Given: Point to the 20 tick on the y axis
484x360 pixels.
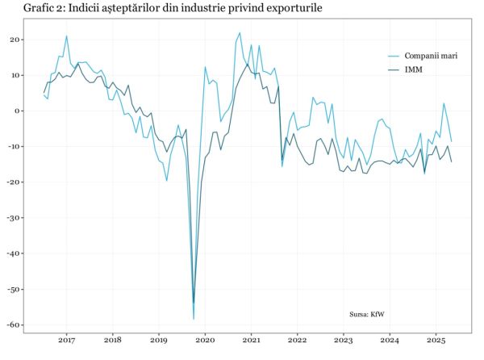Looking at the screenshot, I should pos(15,40).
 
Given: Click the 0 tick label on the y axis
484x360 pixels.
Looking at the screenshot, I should pos(18,111).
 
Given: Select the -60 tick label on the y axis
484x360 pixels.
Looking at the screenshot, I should pos(14,324).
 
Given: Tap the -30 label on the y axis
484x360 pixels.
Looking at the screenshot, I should pos(14,218).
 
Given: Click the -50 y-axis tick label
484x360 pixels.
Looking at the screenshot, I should pos(14,289).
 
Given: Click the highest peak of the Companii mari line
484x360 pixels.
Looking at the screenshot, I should pos(240,32).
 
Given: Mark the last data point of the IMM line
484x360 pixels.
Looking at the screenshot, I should pos(451,162).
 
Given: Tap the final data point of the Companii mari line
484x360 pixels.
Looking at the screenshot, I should pos(451,141).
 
